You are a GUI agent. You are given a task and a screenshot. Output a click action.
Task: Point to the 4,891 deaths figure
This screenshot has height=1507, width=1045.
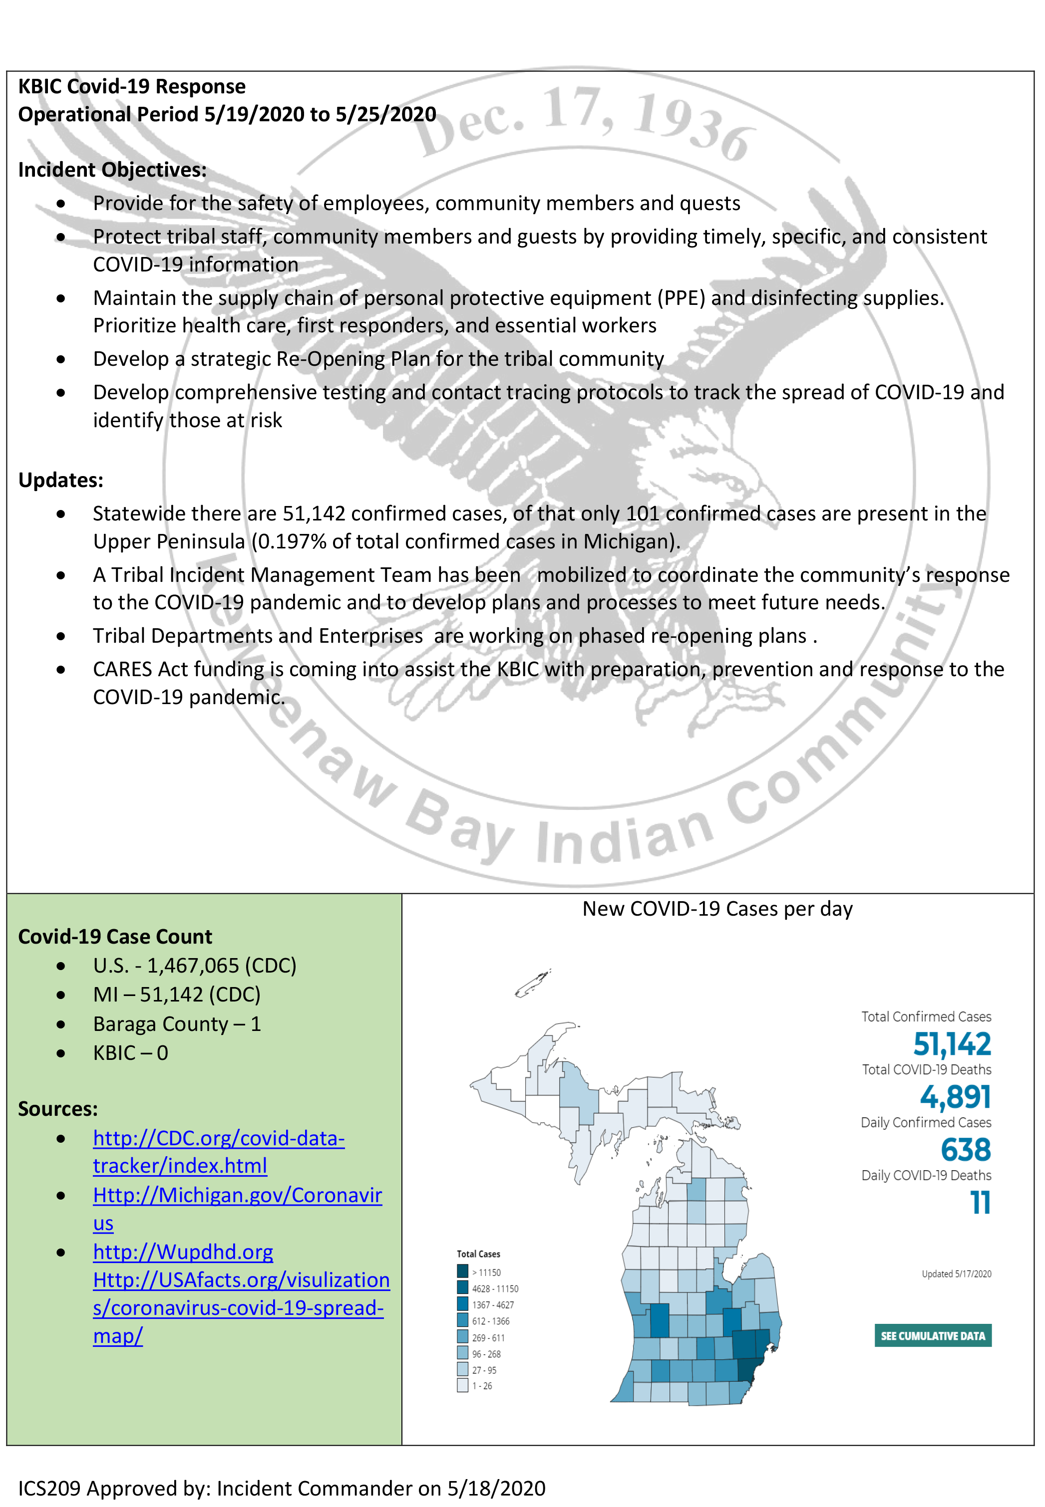coord(955,1097)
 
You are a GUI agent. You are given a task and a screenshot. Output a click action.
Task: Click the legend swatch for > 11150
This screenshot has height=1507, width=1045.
coord(462,1271)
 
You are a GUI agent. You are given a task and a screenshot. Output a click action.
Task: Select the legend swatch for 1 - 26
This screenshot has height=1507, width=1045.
coord(462,1385)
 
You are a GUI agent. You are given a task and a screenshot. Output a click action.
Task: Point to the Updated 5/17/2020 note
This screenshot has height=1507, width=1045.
coord(956,1273)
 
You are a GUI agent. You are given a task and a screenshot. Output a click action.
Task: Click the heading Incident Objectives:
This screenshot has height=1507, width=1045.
coord(112,170)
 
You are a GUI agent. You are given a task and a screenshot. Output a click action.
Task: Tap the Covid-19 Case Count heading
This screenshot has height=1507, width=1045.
coord(115,937)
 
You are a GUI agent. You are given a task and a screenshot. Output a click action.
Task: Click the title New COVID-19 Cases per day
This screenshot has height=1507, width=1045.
coord(717,908)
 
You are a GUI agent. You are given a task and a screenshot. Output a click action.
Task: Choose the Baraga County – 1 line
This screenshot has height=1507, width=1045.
coord(177,1023)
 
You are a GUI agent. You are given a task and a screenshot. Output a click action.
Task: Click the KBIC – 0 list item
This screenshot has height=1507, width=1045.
coord(130,1052)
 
